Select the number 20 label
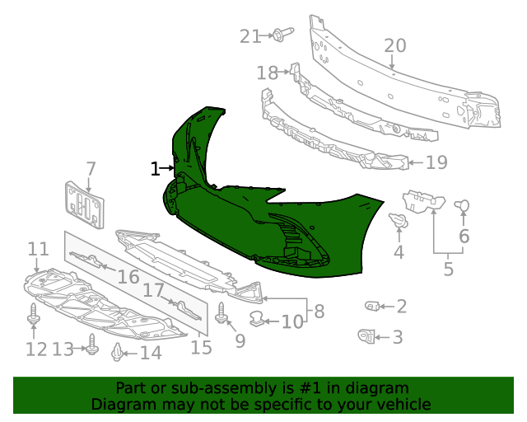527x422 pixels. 394,46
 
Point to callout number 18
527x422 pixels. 267,73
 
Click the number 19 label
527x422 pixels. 436,162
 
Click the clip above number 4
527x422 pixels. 399,221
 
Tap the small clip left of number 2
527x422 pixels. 372,307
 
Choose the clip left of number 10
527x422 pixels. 258,317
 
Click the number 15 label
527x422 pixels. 202,347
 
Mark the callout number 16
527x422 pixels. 128,276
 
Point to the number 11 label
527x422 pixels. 38,249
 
